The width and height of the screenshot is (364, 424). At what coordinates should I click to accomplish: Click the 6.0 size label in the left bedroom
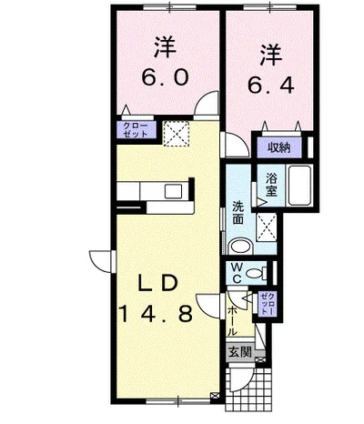pos(166,77)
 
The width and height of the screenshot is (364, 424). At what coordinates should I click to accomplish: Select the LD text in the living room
pos(157,284)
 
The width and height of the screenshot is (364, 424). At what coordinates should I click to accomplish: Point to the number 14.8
pos(157,314)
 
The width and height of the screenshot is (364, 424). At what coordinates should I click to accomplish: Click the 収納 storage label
pos(278,147)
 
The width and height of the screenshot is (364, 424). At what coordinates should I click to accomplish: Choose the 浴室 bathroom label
pos(271,185)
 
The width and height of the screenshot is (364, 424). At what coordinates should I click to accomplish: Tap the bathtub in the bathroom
pos(300,186)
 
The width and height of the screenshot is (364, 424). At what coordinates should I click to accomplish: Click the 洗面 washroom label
pos(238,213)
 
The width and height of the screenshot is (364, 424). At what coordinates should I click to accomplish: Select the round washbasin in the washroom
pos(240,247)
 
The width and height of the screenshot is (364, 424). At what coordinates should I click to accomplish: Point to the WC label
pos(238,274)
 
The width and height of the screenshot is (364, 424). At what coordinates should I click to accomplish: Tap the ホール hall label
pos(232,321)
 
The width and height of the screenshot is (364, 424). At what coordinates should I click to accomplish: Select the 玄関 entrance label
pos(240,352)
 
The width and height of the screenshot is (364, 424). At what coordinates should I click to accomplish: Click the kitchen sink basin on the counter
pos(173,191)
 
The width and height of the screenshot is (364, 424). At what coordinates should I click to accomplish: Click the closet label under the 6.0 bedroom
pos(136,130)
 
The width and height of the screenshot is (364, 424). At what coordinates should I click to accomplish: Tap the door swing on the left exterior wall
pos(101,261)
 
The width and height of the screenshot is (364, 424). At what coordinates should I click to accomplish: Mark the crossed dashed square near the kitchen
pos(177,134)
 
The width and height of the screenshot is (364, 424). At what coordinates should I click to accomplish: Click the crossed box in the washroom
pos(267,227)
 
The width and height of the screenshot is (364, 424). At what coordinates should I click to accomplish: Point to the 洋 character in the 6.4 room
pos(270,56)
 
